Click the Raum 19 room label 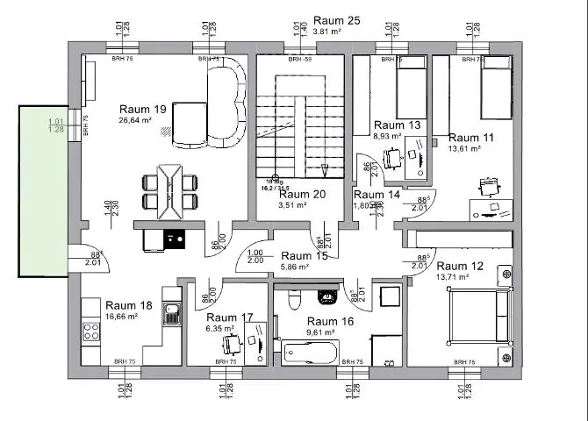(x=143, y=109)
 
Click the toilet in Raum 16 (x=295, y=301)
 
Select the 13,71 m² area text (x=457, y=277)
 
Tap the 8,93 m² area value (x=387, y=137)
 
